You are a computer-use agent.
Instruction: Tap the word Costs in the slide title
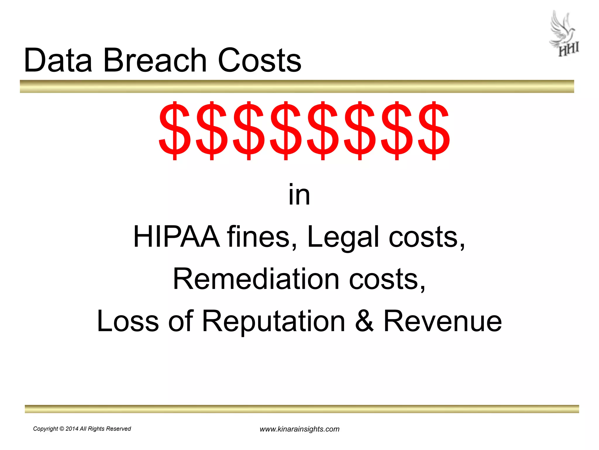pos(259,60)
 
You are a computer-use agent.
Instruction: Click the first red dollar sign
pos(175,130)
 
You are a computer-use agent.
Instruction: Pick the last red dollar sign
pos(434,130)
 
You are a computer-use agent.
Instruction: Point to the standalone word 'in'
pos(299,195)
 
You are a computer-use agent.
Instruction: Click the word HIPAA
pos(176,237)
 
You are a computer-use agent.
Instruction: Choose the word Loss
pos(128,321)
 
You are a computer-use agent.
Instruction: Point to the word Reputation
pos(273,321)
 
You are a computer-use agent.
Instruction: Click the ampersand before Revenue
pos(364,321)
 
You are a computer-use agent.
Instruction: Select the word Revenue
pos(443,321)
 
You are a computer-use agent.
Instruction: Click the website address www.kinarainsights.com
pos(299,429)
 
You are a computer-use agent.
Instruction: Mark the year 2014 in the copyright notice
pos(72,429)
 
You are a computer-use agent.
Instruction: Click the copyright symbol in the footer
pos(62,429)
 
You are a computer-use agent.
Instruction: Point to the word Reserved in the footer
pos(118,429)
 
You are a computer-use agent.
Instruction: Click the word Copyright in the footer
pos(45,429)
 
